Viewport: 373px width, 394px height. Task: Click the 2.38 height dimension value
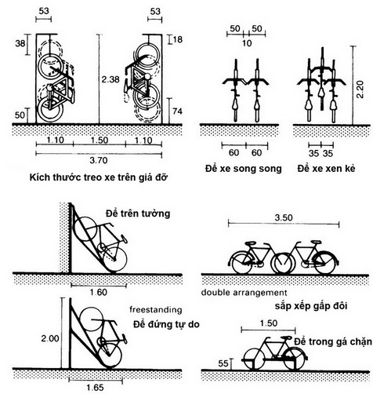click(x=110, y=79)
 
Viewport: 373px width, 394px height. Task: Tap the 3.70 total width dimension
click(x=99, y=160)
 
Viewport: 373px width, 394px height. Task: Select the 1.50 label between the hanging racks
click(x=100, y=140)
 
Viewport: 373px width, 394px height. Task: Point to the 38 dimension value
click(x=20, y=43)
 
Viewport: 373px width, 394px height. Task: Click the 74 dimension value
click(x=177, y=111)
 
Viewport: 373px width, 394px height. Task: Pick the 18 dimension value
click(x=178, y=40)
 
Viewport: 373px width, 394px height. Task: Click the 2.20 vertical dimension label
click(x=360, y=89)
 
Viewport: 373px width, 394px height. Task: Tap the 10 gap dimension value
click(x=247, y=43)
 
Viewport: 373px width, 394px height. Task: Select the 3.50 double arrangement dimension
click(x=284, y=217)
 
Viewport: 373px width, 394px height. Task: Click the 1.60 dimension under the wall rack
click(x=99, y=292)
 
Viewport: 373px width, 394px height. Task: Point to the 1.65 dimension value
click(x=96, y=387)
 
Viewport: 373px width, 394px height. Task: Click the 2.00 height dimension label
click(x=50, y=338)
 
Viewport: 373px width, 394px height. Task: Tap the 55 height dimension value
click(x=223, y=363)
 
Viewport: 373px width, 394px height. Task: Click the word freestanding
click(x=156, y=310)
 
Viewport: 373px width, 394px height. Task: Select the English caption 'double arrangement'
click(x=244, y=293)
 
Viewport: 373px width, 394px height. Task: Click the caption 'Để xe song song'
click(x=244, y=169)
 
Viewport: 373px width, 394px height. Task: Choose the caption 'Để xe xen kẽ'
click(x=326, y=169)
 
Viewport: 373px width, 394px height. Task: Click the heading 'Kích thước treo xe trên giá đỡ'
click(x=98, y=177)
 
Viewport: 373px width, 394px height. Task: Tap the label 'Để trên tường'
click(x=138, y=213)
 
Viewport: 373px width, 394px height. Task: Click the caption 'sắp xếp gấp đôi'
click(x=311, y=306)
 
